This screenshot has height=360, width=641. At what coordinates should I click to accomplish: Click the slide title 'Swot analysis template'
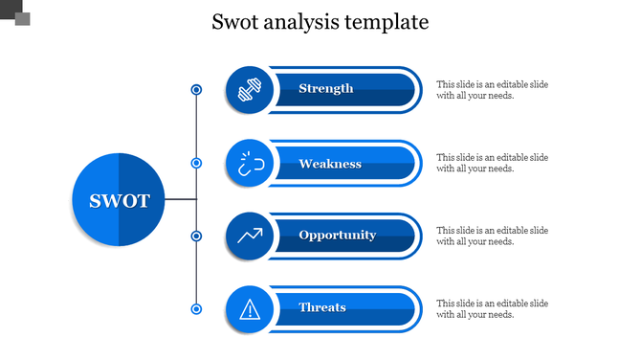pyautogui.click(x=320, y=22)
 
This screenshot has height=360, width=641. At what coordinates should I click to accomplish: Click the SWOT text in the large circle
pyautogui.click(x=120, y=201)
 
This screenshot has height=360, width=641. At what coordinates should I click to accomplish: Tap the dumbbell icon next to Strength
pyautogui.click(x=250, y=90)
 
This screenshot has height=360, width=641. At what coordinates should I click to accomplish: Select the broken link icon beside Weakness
pyautogui.click(x=250, y=164)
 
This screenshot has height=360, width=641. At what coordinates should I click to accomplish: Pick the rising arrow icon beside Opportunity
pyautogui.click(x=250, y=236)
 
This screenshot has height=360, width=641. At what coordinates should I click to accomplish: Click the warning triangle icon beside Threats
pyautogui.click(x=250, y=308)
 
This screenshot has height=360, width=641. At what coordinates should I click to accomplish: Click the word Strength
pyautogui.click(x=326, y=89)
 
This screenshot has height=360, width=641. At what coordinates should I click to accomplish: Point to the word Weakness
pyautogui.click(x=330, y=164)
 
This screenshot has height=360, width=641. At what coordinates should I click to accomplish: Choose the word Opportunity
pyautogui.click(x=337, y=236)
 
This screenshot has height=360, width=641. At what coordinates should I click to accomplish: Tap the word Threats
pyautogui.click(x=322, y=307)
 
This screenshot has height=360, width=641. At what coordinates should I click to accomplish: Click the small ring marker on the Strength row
pyautogui.click(x=196, y=90)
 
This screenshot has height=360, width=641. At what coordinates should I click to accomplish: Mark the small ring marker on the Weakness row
pyautogui.click(x=196, y=164)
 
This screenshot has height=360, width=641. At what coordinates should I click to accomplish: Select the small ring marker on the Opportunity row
pyautogui.click(x=196, y=236)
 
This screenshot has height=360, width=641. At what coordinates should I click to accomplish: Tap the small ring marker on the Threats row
pyautogui.click(x=196, y=308)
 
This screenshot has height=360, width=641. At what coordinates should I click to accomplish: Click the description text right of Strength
pyautogui.click(x=492, y=90)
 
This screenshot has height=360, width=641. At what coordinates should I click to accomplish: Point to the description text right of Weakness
pyautogui.click(x=492, y=163)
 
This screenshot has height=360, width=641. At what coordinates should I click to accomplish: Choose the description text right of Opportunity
pyautogui.click(x=492, y=236)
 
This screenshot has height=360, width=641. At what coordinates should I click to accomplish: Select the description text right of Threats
pyautogui.click(x=492, y=308)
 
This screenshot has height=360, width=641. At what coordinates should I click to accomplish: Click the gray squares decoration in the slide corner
pyautogui.click(x=16, y=13)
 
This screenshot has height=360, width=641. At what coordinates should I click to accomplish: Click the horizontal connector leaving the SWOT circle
pyautogui.click(x=181, y=200)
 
